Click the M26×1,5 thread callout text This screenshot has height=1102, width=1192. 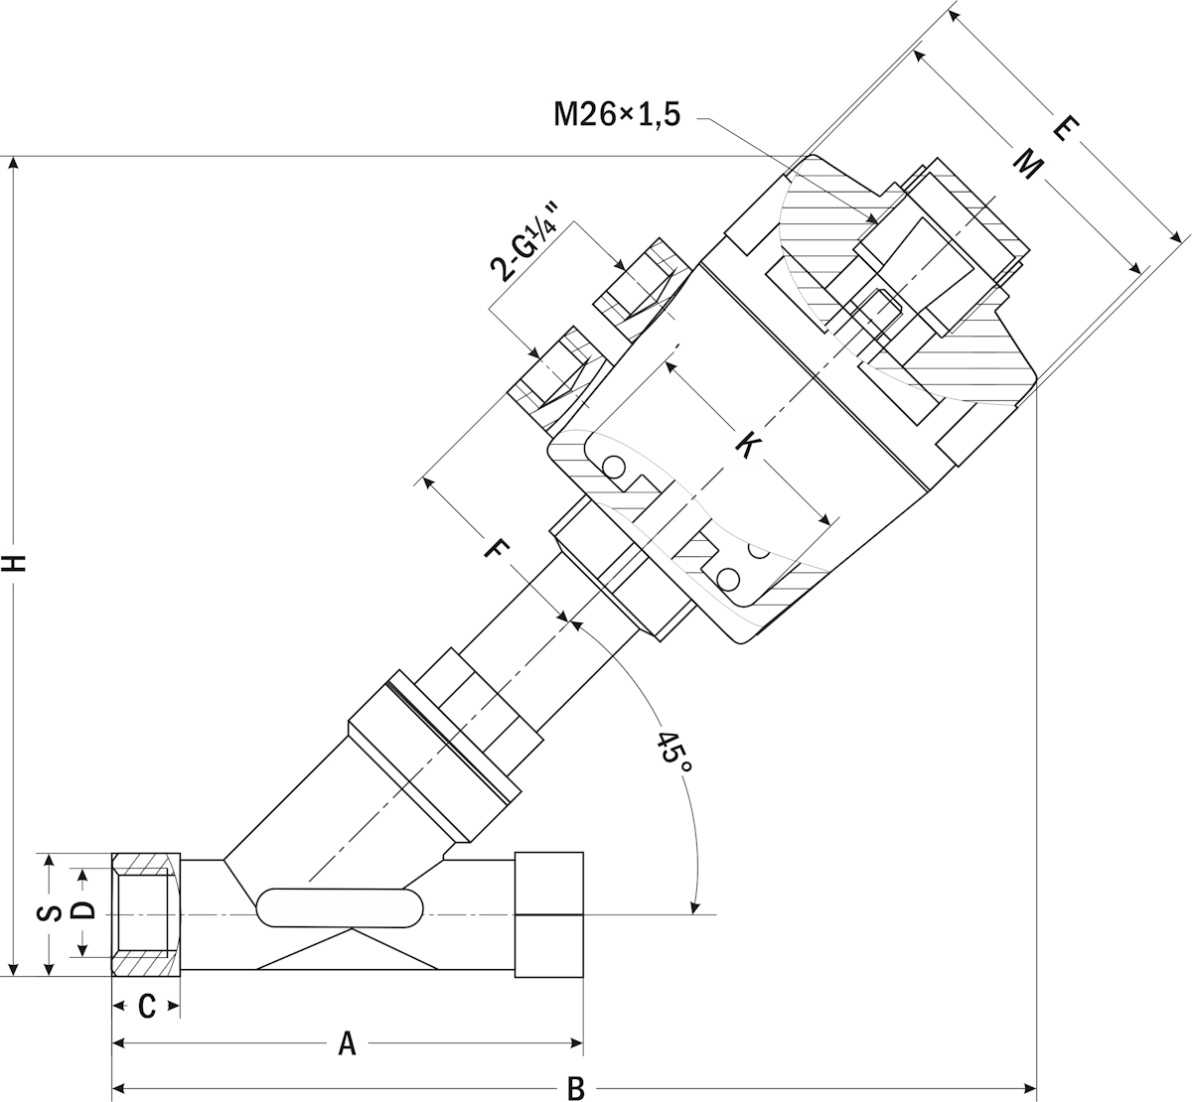click(x=617, y=113)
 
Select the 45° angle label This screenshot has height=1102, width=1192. click(x=675, y=756)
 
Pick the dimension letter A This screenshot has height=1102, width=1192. click(x=347, y=1043)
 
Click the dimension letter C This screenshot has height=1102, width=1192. click(x=147, y=1007)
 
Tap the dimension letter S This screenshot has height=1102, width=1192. click(x=49, y=913)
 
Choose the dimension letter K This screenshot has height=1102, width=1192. click(x=748, y=447)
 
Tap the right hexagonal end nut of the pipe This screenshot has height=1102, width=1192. click(x=549, y=914)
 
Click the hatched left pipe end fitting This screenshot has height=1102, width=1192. click(x=146, y=914)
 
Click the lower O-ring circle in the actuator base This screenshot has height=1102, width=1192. click(x=728, y=579)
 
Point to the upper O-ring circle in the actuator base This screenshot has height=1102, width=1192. click(x=614, y=467)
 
